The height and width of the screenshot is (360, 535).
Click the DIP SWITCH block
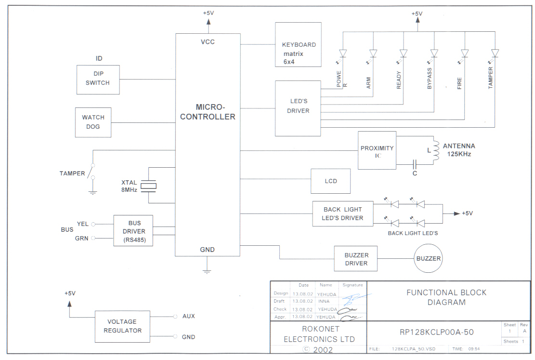click(x=98, y=80)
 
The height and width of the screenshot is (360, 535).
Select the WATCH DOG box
click(x=93, y=122)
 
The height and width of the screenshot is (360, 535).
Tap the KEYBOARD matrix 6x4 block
click(x=298, y=44)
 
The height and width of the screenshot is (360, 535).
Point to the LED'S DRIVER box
click(x=298, y=108)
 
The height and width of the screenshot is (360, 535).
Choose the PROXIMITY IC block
click(x=377, y=150)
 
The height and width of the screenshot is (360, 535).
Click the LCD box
click(x=330, y=181)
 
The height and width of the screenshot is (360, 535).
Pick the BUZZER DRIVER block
click(x=356, y=259)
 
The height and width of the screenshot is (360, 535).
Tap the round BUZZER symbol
click(x=428, y=259)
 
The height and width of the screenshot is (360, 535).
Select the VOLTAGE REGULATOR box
click(x=125, y=326)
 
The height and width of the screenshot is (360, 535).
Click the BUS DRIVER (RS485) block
click(x=133, y=231)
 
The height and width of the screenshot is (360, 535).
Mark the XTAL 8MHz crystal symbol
click(x=152, y=186)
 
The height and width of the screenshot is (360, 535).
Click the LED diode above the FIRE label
click(x=465, y=53)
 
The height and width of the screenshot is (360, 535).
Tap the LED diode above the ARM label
click(x=373, y=53)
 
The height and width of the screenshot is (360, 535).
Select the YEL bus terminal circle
click(x=93, y=224)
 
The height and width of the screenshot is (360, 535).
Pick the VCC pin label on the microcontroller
click(x=208, y=42)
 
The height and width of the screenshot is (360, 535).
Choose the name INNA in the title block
click(x=324, y=301)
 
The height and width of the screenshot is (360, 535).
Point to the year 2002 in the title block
click(x=323, y=350)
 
